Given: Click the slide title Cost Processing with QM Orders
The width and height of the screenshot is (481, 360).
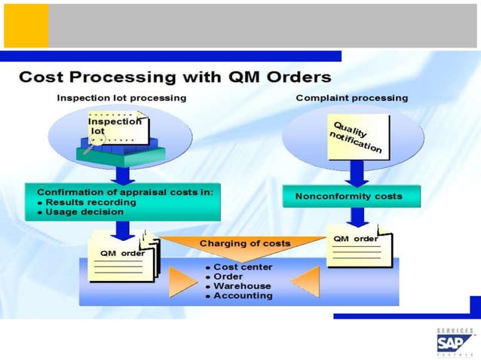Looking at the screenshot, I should tap(174, 78).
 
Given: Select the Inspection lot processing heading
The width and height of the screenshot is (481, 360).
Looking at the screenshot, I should tap(122, 98).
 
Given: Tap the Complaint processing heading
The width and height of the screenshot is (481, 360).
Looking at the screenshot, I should tap(351, 98).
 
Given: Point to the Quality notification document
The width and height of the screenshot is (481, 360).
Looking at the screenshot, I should tap(357, 136).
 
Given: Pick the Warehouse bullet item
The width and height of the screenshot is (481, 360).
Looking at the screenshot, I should tap(237, 286).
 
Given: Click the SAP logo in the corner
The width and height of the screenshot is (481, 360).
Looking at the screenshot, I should tap(455, 343).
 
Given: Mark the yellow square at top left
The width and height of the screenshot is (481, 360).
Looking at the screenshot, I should tap(26, 26).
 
